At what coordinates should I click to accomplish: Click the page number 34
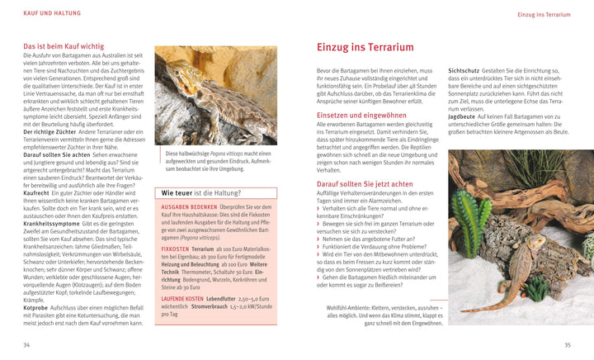pyautogui.click(x=27, y=344)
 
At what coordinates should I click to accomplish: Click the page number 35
pyautogui.click(x=567, y=344)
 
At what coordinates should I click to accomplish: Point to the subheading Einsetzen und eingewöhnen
pyautogui.click(x=361, y=115)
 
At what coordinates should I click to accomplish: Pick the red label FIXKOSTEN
pyautogui.click(x=176, y=248)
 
